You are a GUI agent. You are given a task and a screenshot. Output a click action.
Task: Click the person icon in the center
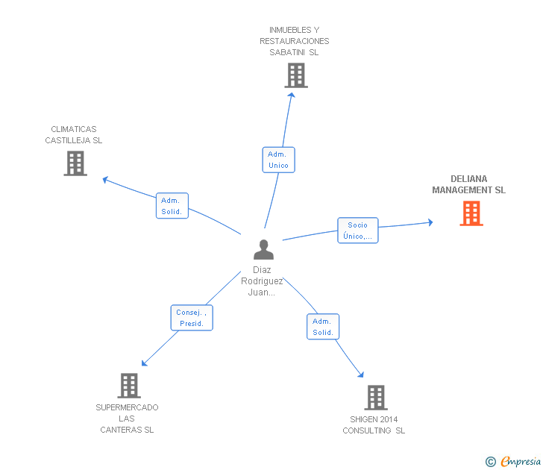click(x=263, y=249)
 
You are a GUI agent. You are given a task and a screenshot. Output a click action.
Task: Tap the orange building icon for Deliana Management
click(x=471, y=213)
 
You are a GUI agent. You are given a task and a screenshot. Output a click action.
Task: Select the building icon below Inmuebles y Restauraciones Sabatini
click(x=295, y=75)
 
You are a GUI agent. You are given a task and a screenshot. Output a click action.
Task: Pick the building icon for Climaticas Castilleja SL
click(x=75, y=163)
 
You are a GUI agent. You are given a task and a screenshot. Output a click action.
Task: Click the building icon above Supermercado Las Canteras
click(x=129, y=385)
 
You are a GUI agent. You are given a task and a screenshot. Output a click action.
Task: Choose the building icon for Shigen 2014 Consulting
click(x=375, y=398)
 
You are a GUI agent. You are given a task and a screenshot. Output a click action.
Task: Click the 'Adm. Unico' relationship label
click(x=278, y=160)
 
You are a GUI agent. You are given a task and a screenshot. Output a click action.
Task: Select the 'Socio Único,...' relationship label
click(x=357, y=231)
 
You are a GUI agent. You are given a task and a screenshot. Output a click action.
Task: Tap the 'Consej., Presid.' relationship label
click(x=191, y=318)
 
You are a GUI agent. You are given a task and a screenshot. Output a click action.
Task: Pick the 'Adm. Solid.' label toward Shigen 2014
click(x=322, y=327)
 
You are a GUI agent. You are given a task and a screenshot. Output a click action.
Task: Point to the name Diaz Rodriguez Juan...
click(x=262, y=281)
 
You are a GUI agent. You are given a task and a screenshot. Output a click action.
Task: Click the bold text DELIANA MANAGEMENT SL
click(x=468, y=184)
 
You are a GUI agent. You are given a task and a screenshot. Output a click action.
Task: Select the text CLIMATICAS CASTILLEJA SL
click(x=74, y=134)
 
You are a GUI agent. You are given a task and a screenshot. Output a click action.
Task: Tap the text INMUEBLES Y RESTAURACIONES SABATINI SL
click(x=295, y=41)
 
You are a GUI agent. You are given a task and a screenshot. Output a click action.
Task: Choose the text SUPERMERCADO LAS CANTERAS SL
click(x=128, y=419)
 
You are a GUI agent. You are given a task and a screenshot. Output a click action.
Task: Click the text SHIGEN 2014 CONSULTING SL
click(x=374, y=424)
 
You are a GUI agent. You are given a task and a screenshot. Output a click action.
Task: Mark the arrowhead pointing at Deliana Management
click(x=430, y=222)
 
